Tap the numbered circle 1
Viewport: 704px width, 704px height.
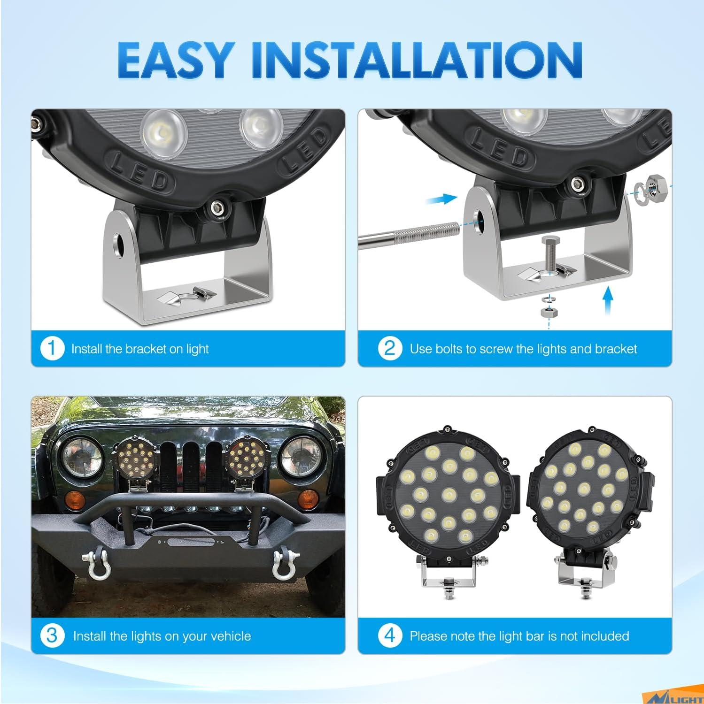[52, 349]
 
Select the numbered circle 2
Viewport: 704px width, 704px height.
[390, 349]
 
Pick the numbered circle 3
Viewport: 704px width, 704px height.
[52, 636]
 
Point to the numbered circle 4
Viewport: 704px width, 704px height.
[390, 636]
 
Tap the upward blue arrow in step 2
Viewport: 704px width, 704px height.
[608, 301]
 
